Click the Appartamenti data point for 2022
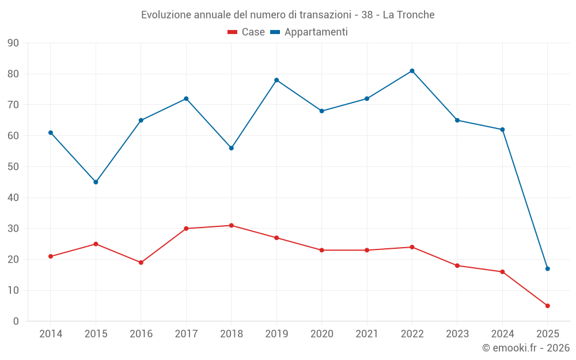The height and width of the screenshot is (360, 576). click(x=412, y=71)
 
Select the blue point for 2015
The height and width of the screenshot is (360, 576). click(x=96, y=182)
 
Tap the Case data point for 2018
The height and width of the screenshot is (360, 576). click(x=231, y=225)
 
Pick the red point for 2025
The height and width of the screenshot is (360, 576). click(x=547, y=306)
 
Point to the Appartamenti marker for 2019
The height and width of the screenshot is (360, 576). click(x=276, y=80)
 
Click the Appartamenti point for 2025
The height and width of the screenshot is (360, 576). click(x=547, y=268)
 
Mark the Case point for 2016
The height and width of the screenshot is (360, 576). click(x=141, y=263)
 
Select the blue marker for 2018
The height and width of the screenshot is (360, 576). click(x=231, y=148)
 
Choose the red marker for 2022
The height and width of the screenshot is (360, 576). click(x=412, y=247)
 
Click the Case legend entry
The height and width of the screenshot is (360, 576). click(x=246, y=32)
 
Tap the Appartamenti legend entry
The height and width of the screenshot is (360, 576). click(x=309, y=32)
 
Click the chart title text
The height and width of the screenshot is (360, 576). click(x=288, y=14)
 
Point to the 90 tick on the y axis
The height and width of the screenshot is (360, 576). click(x=13, y=43)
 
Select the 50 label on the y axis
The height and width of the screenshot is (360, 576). click(x=13, y=167)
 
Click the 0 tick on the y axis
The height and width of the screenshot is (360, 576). click(x=16, y=321)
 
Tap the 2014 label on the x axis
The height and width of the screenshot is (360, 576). click(x=51, y=334)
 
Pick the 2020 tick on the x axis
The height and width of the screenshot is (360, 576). click(x=321, y=334)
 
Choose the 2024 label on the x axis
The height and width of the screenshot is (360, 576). click(x=502, y=334)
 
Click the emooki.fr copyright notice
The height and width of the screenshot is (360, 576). click(x=525, y=348)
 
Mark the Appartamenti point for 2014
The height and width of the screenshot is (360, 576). click(x=51, y=132)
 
